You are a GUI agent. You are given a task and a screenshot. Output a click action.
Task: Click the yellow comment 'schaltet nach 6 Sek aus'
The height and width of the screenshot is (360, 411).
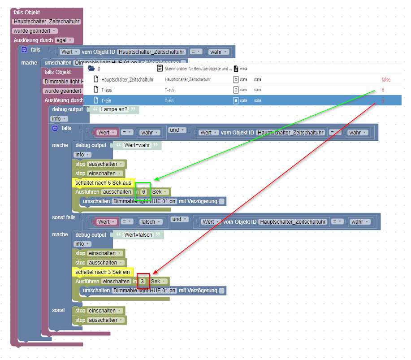103,183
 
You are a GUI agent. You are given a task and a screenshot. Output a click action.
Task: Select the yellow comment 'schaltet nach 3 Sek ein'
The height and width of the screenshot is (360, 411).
103,272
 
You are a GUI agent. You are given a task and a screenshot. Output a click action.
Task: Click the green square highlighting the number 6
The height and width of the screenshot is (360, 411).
143,191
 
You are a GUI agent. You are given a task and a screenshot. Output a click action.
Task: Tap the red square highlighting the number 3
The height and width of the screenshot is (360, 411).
143,281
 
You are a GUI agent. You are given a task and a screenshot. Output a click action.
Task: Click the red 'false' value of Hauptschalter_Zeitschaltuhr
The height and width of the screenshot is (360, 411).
385,79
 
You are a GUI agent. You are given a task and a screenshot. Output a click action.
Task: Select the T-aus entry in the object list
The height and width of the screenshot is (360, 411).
107,90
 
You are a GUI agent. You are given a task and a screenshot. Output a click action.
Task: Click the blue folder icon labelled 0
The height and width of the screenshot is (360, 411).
91,69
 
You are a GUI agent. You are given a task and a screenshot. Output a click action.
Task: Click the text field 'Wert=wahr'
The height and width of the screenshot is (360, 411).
136,145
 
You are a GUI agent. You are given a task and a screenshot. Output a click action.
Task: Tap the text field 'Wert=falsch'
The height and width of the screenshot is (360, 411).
138,235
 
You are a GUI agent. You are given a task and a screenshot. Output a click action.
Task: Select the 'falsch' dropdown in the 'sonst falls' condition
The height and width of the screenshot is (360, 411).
150,221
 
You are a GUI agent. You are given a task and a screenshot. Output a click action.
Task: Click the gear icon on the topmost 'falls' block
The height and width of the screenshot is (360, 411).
24,50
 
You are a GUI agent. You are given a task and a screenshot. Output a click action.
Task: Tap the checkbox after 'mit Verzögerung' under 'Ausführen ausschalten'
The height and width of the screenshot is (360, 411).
221,201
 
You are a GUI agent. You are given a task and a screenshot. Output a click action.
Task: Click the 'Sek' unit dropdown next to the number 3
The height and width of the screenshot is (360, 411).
159,282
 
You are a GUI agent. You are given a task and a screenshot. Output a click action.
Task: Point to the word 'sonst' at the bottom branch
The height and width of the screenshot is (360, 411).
58,310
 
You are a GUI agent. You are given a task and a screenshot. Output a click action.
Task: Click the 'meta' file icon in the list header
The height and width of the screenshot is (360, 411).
236,69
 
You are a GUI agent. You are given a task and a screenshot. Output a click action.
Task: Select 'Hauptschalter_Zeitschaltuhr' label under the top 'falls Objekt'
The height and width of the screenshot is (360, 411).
46,22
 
